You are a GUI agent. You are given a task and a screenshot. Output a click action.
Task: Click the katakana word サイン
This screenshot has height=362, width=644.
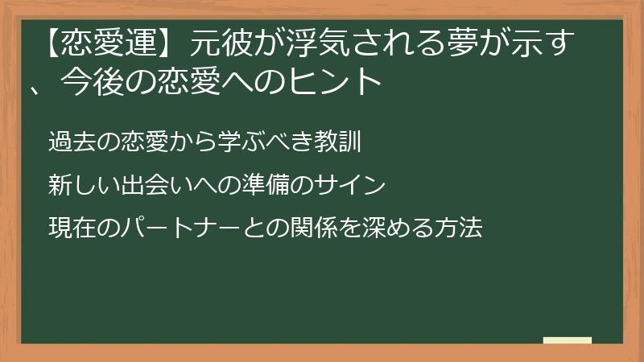click(351, 185)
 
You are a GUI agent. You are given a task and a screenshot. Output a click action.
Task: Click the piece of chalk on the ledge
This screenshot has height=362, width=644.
click(568, 340)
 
